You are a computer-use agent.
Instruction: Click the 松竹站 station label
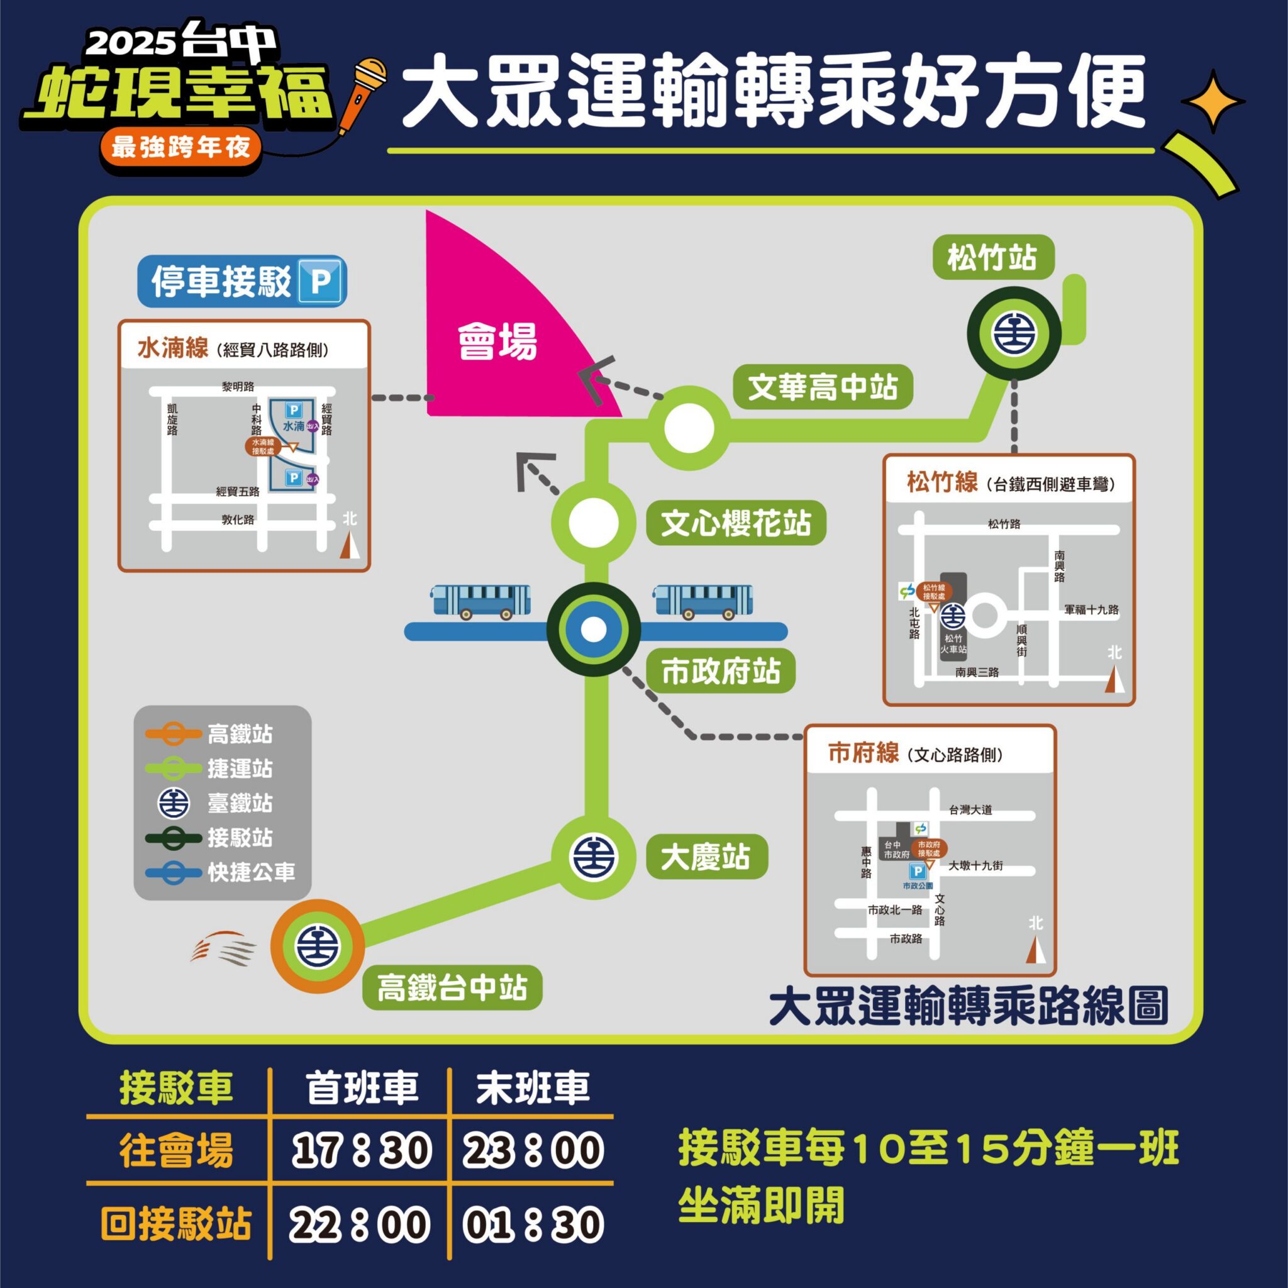pos(992,258)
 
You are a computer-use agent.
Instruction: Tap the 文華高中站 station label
pos(823,387)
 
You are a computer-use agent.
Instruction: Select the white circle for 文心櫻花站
pos(592,522)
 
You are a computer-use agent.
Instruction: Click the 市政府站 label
pos(721,671)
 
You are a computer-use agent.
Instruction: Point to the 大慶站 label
pos(706,857)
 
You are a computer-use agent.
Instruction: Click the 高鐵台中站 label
pos(452,987)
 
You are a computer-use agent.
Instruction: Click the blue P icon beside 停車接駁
pos(321,281)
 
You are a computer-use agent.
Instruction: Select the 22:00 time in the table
pos(360,1224)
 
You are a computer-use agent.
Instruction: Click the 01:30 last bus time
pos(533,1224)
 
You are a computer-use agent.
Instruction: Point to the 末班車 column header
pos(533,1087)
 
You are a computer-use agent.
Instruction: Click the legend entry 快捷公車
pos(251,873)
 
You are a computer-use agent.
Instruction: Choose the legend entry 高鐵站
pos(240,735)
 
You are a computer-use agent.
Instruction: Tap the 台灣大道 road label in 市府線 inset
pos(970,810)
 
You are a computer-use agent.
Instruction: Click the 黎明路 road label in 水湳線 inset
pos(238,387)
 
